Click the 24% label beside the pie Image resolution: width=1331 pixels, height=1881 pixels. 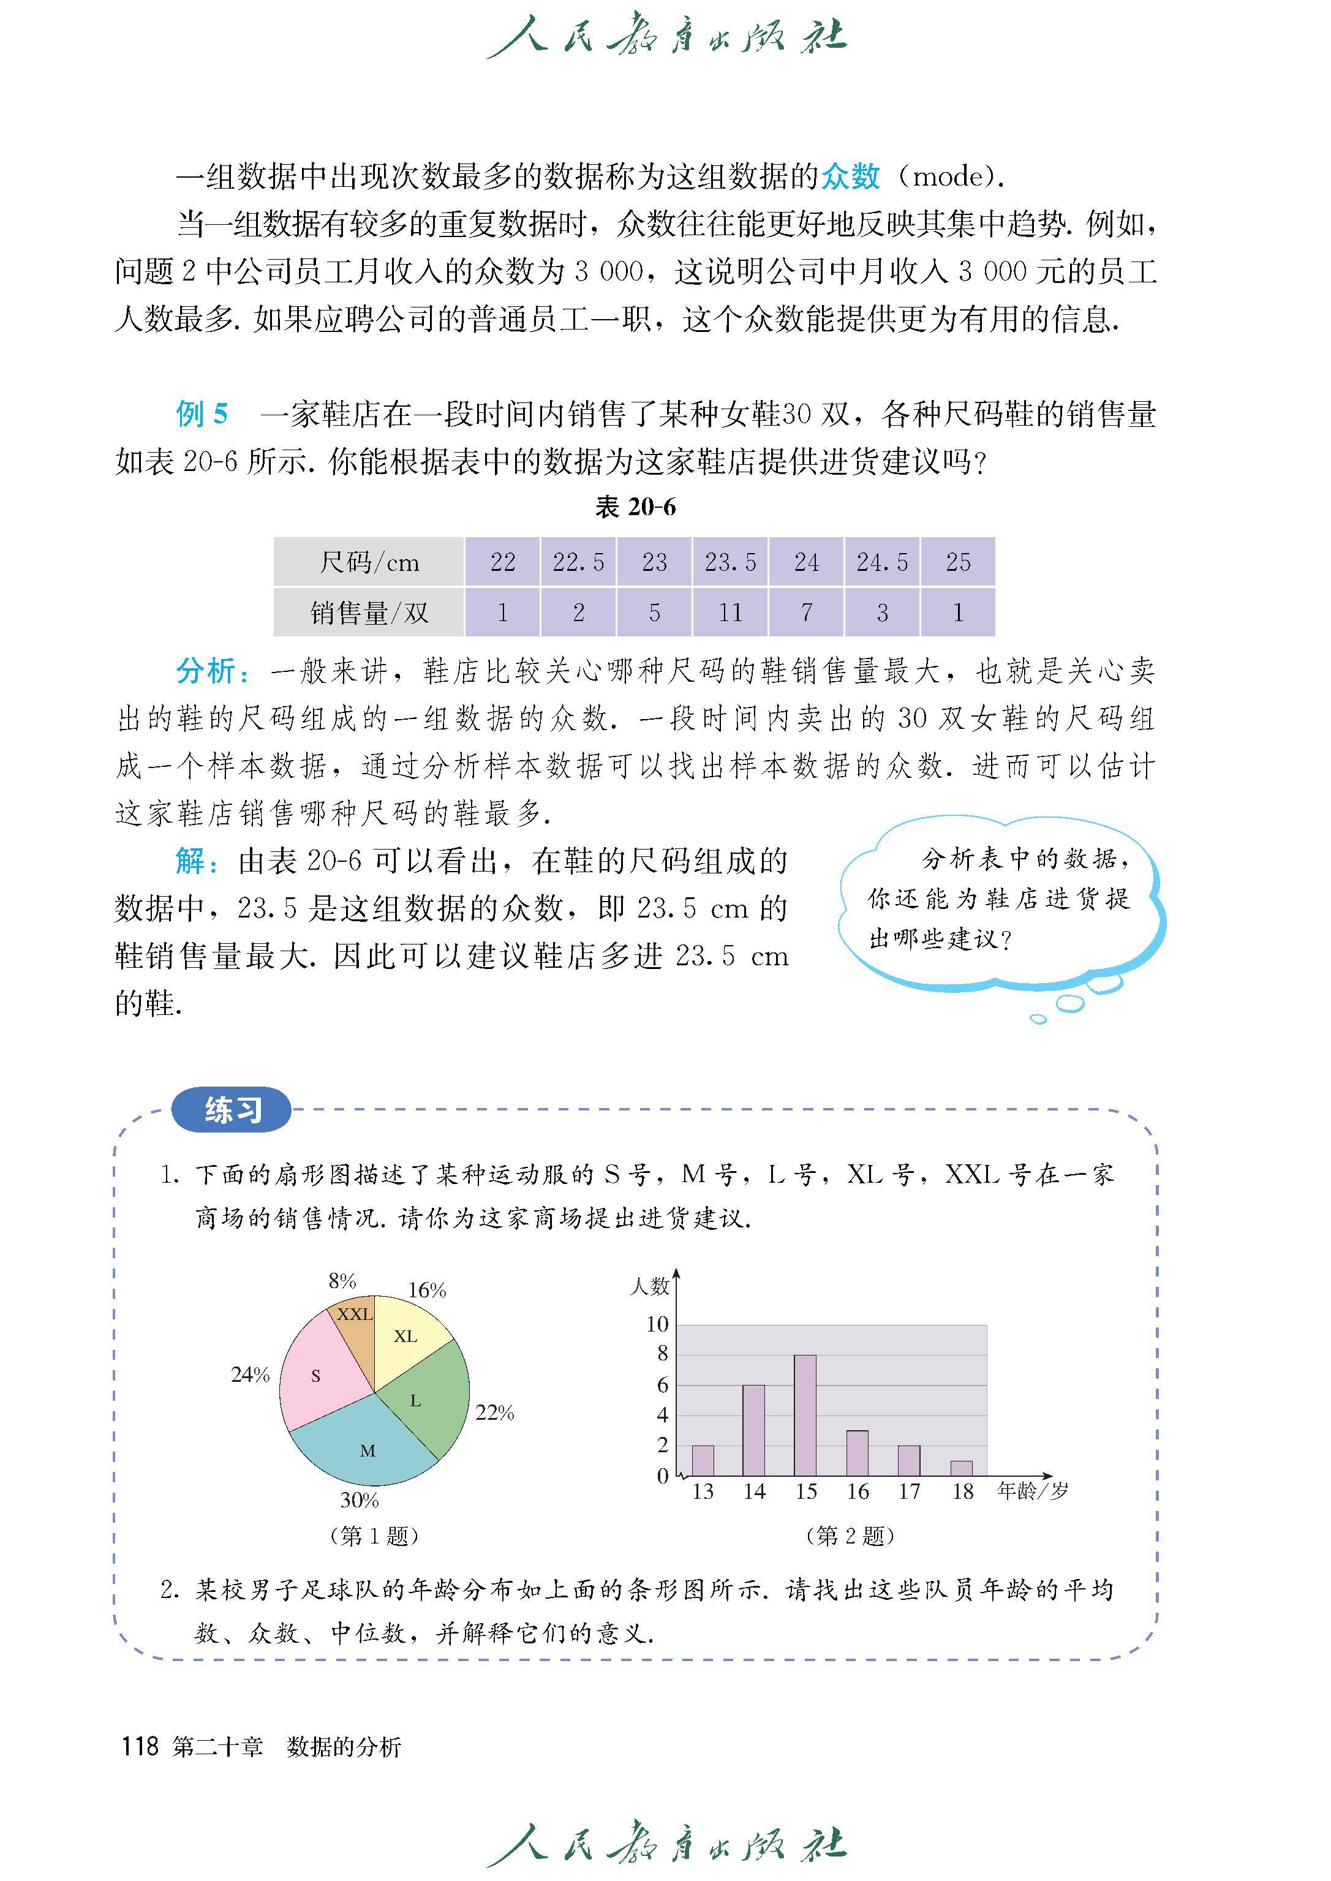coord(250,1374)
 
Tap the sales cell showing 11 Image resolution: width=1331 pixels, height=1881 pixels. coord(730,613)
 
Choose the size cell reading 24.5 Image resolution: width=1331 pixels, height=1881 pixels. coord(882,562)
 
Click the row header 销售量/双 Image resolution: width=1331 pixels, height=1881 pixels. coord(369,613)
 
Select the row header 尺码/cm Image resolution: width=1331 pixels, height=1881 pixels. coord(369,562)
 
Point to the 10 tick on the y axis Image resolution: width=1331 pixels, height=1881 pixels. coord(657,1324)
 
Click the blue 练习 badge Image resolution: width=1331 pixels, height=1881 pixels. coord(232,1110)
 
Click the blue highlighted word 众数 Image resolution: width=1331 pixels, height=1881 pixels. coord(851,176)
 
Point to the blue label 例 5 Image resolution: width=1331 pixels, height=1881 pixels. coord(202,414)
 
